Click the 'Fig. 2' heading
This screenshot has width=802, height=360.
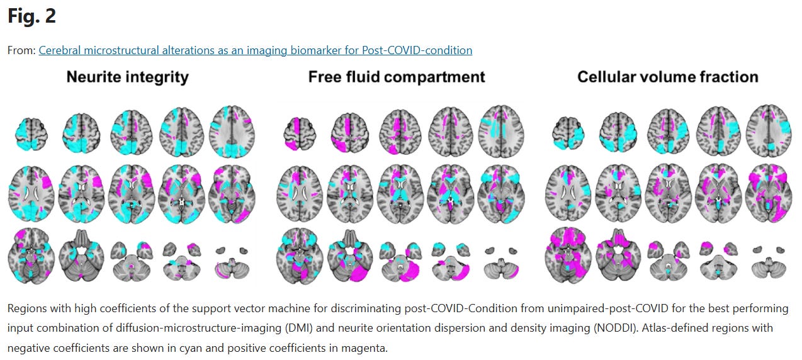(x=31, y=16)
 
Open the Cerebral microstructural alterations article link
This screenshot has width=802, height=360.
(x=255, y=50)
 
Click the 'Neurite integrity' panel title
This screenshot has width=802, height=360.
(x=127, y=77)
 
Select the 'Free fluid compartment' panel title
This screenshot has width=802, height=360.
(x=397, y=77)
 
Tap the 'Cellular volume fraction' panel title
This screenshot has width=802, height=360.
(x=667, y=77)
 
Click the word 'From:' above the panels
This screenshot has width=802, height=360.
(x=21, y=50)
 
